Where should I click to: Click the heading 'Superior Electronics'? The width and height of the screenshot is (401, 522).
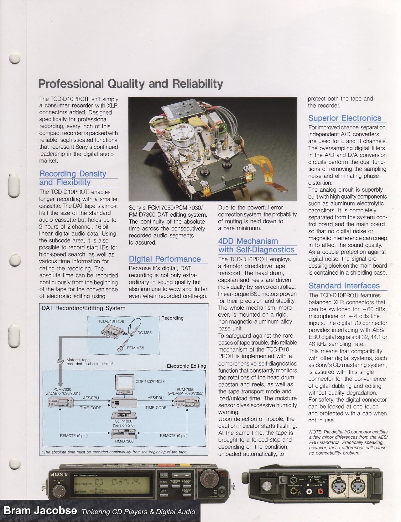click(345, 118)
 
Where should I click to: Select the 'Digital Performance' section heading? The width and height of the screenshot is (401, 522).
click(164, 259)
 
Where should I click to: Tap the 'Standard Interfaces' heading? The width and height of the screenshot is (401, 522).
click(344, 286)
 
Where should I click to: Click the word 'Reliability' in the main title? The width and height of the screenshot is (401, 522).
click(198, 84)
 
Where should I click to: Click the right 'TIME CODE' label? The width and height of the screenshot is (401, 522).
click(156, 408)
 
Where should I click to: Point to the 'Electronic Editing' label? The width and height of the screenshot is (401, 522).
click(186, 366)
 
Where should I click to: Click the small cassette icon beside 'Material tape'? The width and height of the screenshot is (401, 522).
click(59, 361)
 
